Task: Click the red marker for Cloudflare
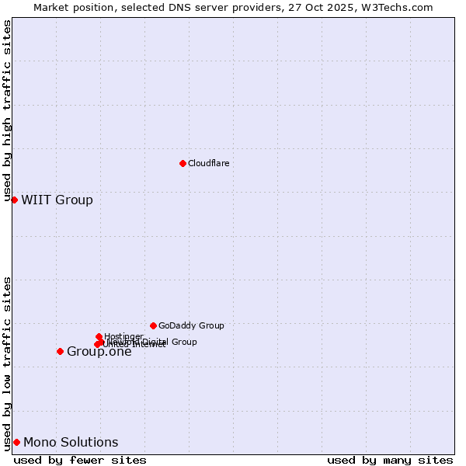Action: click(183, 163)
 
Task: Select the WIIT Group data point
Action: click(14, 200)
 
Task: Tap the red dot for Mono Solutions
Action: click(16, 442)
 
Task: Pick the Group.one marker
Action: click(60, 351)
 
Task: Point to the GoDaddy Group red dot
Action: click(153, 325)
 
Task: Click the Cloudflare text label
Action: click(208, 163)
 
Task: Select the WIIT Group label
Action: click(57, 200)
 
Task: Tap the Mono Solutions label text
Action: click(71, 443)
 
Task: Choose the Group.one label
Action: click(99, 352)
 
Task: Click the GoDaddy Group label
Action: click(191, 325)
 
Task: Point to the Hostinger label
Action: click(123, 336)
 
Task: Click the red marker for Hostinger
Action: click(99, 336)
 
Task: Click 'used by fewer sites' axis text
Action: click(80, 460)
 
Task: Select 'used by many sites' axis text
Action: click(390, 460)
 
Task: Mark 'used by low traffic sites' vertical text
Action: click(8, 363)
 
